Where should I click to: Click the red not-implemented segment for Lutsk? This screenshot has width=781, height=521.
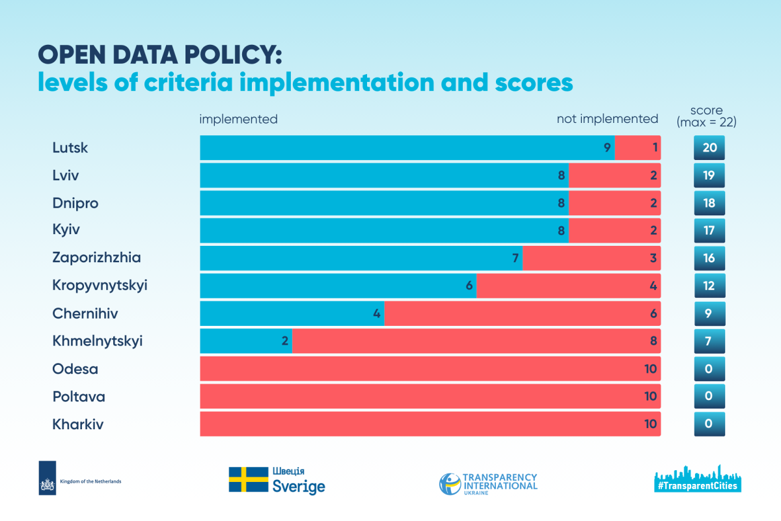[638, 148]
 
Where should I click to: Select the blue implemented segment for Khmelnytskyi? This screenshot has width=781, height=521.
[245, 341]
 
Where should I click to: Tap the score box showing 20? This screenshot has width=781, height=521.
[709, 148]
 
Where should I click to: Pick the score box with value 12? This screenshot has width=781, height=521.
[709, 286]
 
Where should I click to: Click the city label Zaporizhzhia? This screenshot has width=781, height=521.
[96, 258]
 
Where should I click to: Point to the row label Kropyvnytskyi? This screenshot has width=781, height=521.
[100, 286]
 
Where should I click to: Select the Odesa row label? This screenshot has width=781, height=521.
[75, 369]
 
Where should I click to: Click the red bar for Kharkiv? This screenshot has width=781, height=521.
[430, 424]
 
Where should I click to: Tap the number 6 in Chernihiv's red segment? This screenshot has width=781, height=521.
[653, 314]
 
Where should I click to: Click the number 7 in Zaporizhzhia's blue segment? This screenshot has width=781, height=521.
[515, 258]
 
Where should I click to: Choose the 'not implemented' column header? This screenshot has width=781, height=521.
[607, 119]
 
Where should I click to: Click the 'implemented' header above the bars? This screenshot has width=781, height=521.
[238, 119]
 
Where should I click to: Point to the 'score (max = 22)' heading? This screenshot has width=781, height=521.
[708, 116]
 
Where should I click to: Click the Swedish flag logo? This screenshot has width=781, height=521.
[248, 479]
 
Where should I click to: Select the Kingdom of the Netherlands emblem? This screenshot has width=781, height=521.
[48, 477]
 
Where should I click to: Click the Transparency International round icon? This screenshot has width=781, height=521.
[450, 483]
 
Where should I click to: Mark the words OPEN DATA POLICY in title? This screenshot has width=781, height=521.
[159, 55]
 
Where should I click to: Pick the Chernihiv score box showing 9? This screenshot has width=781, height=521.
[709, 314]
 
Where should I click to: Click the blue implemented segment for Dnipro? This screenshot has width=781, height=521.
[384, 203]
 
